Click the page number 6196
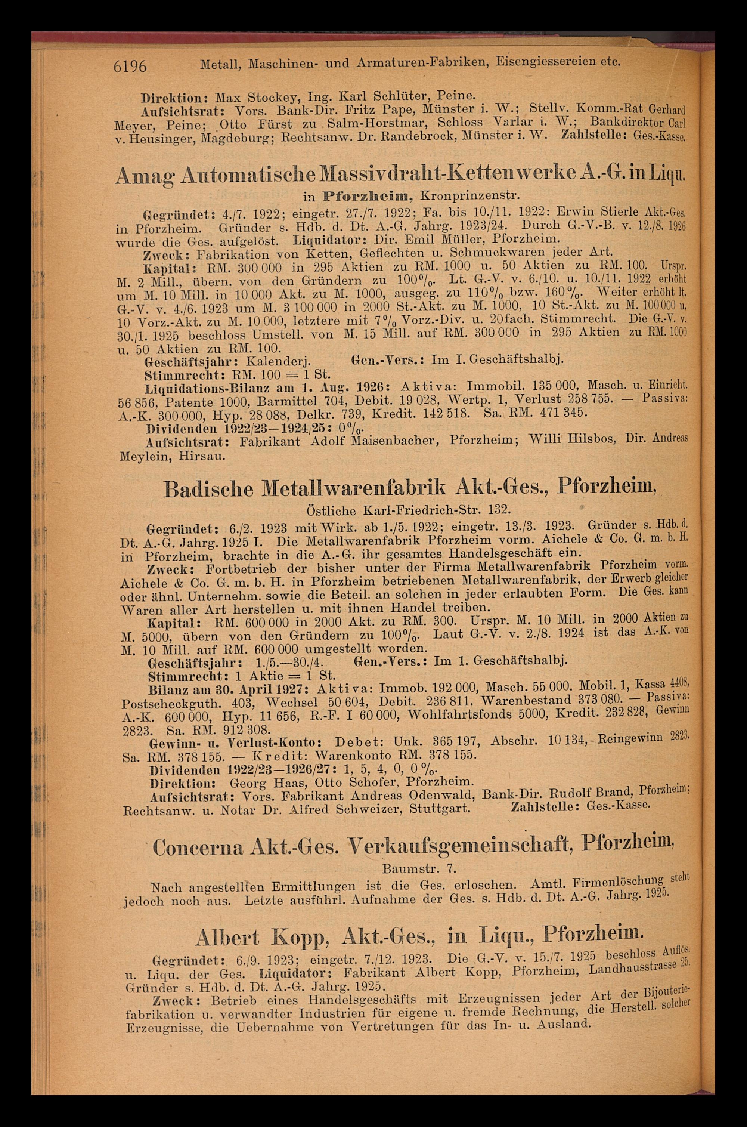[x=129, y=66]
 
